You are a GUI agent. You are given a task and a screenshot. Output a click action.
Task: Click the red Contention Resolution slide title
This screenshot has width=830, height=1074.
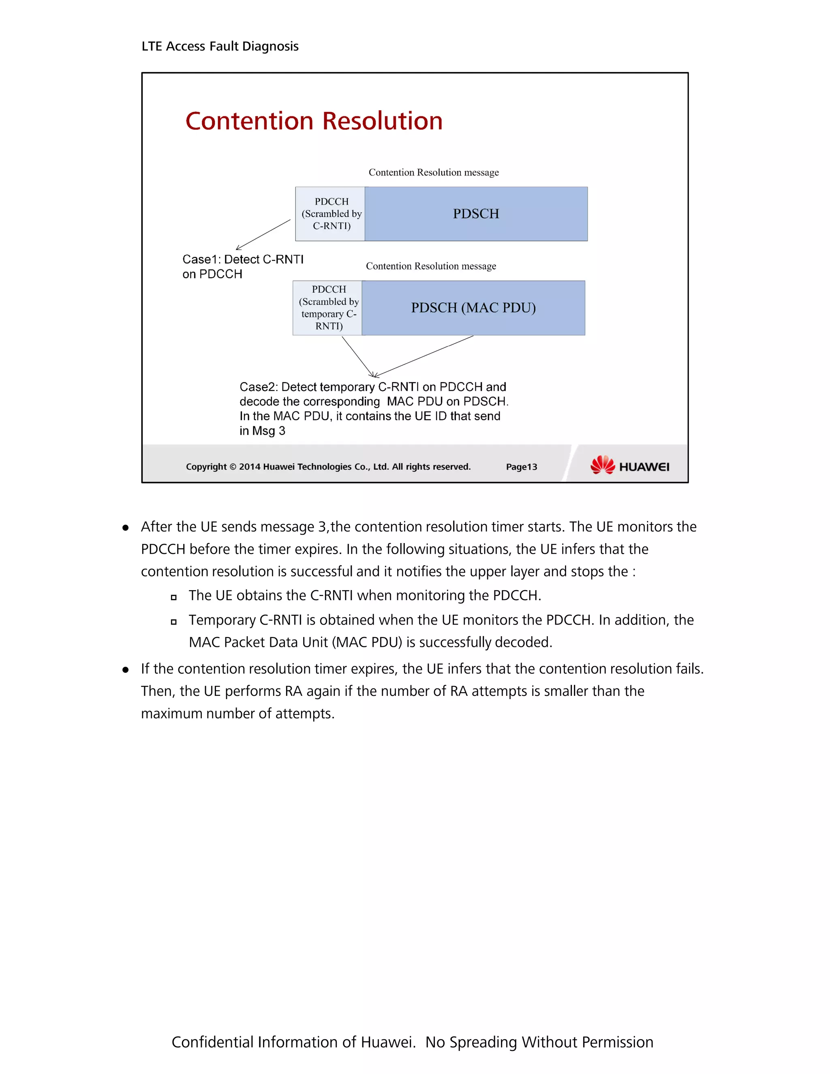[314, 121]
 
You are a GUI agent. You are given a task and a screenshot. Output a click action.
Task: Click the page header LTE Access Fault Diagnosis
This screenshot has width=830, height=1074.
[220, 46]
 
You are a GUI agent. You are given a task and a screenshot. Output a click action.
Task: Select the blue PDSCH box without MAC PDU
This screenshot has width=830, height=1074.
[475, 214]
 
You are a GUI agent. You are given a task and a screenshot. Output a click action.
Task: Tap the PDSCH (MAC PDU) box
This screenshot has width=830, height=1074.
[473, 308]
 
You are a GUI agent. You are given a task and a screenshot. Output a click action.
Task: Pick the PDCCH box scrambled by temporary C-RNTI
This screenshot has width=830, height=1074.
[328, 308]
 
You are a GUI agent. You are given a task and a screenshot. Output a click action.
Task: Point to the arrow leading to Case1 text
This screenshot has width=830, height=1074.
[263, 235]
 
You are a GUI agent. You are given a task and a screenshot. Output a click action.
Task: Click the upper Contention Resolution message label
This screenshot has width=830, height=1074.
[433, 172]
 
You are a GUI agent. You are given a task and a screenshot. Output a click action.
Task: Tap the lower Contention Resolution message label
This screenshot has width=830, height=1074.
[431, 266]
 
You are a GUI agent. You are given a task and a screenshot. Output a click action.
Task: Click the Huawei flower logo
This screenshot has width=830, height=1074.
[602, 465]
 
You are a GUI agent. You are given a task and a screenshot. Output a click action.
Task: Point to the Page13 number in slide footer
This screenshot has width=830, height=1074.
[521, 466]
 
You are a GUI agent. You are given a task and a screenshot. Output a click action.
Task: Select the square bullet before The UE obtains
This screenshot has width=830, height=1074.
[173, 597]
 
